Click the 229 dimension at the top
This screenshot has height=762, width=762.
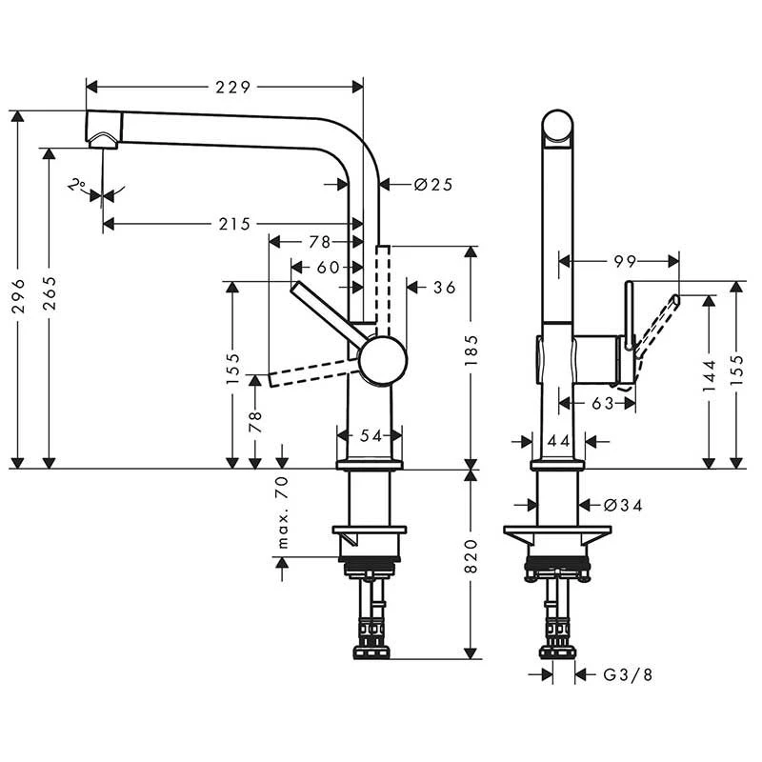(x=232, y=87)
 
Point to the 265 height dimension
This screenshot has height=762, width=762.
(x=49, y=297)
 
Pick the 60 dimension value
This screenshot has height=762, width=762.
(x=328, y=268)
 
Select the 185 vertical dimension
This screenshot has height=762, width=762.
(x=471, y=351)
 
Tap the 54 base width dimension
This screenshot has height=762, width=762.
(x=371, y=435)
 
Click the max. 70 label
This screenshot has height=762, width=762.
(x=282, y=513)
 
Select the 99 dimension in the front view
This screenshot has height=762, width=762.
(x=624, y=260)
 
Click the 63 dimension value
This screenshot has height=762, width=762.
(x=602, y=403)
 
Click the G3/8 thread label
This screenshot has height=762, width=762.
(x=628, y=674)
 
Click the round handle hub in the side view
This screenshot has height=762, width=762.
(x=382, y=360)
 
